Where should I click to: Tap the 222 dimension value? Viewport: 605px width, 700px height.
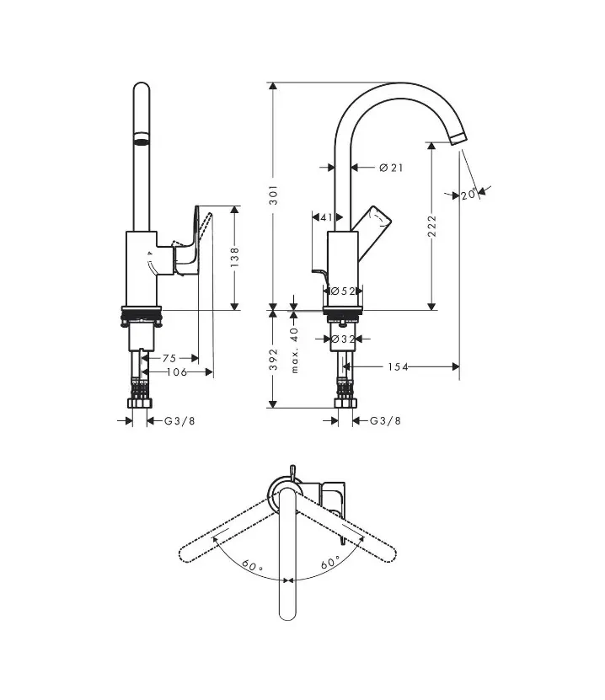point(432,225)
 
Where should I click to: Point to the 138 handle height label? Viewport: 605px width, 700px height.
point(235,256)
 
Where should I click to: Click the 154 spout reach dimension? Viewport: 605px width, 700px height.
point(399,366)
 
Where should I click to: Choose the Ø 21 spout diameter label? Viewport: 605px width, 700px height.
point(391,168)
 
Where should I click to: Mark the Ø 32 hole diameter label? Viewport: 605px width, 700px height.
point(342,339)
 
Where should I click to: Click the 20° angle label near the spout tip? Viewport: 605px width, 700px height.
point(469,195)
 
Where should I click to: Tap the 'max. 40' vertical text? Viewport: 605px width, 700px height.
point(295,352)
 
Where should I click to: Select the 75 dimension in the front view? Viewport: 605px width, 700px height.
point(169,358)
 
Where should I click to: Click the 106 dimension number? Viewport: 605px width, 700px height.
point(175,371)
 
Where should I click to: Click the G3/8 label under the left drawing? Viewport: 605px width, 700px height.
point(178,420)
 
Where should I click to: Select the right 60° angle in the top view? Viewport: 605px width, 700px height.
point(330,561)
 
